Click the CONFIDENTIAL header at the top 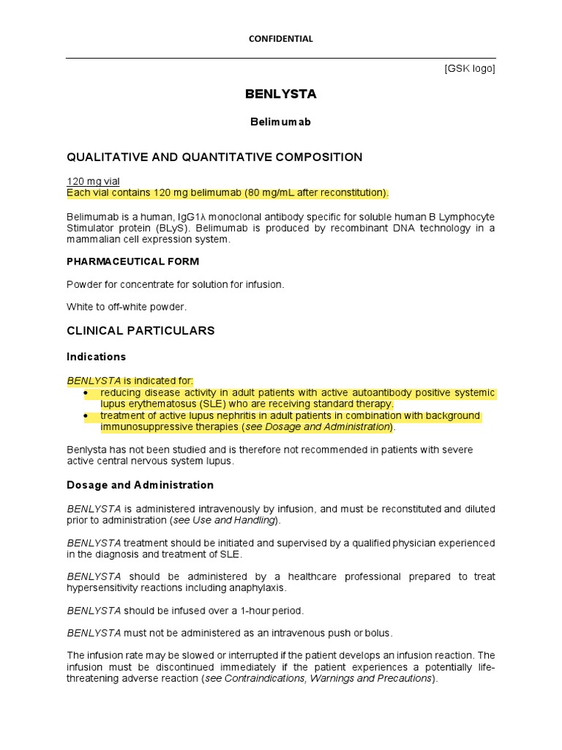click(281, 39)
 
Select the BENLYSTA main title click(281, 94)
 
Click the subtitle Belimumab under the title click(281, 122)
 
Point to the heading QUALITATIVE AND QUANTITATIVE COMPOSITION click(214, 157)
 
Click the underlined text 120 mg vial click(94, 181)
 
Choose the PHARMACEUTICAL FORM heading click(132, 261)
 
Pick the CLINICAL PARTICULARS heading click(140, 330)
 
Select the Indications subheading click(97, 357)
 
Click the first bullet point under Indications click(86, 393)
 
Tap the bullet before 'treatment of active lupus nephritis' click(86, 416)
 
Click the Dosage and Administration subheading click(140, 485)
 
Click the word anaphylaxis click(259, 587)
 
